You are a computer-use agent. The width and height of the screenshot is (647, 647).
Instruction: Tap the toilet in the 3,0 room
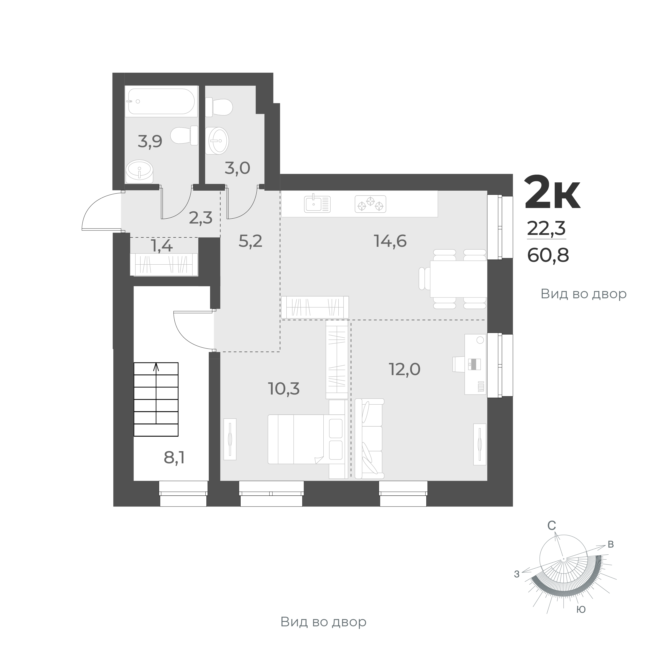tap(220, 107)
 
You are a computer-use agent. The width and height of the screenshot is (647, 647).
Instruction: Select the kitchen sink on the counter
tap(317, 204)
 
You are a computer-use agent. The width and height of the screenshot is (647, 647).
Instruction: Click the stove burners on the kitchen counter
tap(370, 204)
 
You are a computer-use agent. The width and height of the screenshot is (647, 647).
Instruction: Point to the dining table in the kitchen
tap(458, 279)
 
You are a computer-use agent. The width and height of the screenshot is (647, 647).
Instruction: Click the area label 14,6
tap(390, 241)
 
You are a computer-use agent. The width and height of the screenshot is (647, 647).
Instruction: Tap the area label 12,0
tap(405, 369)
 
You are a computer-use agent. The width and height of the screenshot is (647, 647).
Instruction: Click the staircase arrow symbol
tap(156, 368)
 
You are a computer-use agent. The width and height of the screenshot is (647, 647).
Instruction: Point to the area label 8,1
tap(174, 458)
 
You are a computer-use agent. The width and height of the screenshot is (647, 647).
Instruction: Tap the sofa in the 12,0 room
tap(369, 438)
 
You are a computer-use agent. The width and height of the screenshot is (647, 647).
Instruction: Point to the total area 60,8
tap(548, 256)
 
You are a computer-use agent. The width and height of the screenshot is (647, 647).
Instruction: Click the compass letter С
tap(552, 536)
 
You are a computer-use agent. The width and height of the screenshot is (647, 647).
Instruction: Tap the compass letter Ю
tap(581, 609)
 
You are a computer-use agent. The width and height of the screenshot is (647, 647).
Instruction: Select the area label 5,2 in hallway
tap(250, 241)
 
